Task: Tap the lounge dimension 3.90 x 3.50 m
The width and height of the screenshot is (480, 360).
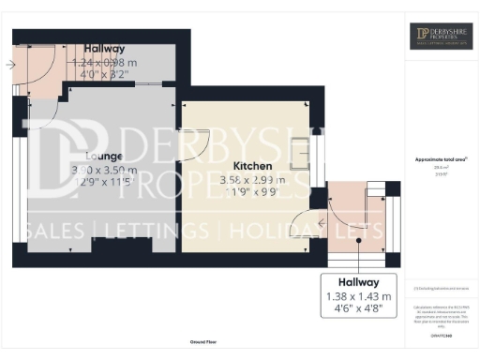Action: (104, 170)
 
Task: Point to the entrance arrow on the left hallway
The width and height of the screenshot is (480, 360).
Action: (9, 65)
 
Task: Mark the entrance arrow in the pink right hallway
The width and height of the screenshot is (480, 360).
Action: (323, 223)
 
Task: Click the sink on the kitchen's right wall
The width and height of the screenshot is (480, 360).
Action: (300, 153)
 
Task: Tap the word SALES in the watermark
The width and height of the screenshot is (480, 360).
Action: (52, 231)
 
